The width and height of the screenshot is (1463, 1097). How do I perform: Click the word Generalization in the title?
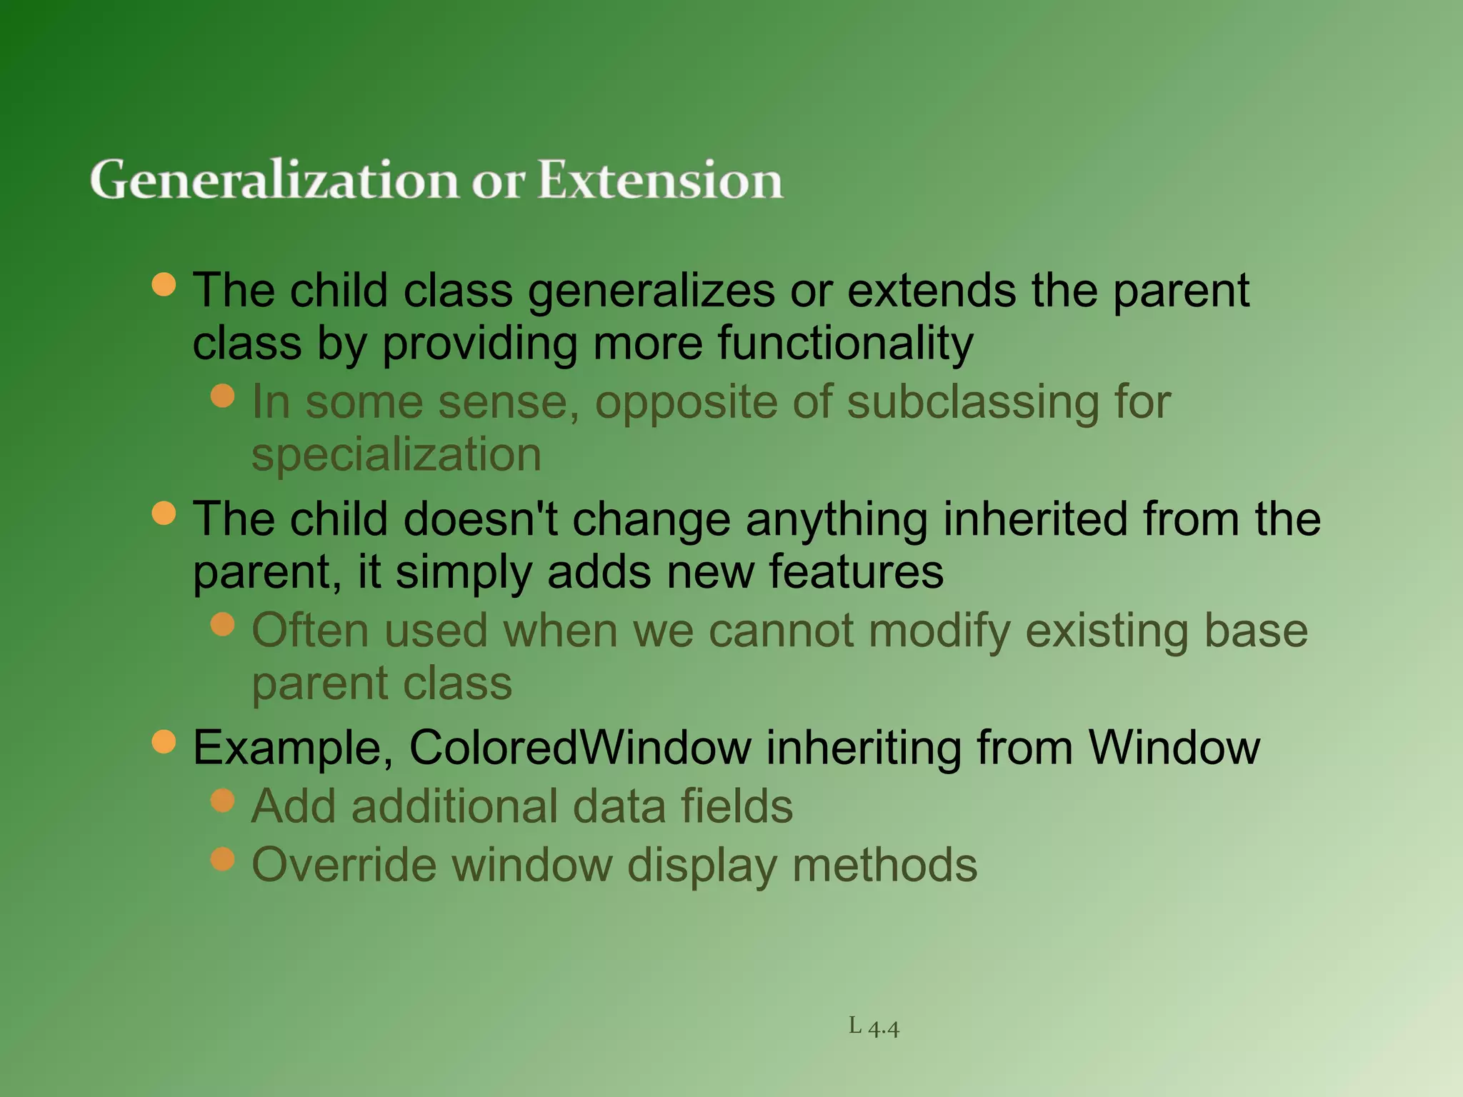click(274, 180)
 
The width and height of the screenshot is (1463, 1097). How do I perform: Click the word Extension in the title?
click(660, 180)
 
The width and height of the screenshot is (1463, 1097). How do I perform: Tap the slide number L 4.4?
click(874, 1027)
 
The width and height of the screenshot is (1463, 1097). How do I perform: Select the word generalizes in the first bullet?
click(651, 291)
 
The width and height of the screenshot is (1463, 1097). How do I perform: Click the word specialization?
click(396, 455)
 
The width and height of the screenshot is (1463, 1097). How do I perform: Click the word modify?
click(939, 632)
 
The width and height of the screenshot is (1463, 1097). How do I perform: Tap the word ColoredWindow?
click(579, 748)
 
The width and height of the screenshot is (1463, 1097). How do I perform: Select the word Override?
click(344, 865)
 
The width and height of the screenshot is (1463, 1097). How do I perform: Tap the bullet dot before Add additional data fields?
click(223, 800)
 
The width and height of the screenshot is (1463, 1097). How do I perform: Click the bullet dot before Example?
click(164, 741)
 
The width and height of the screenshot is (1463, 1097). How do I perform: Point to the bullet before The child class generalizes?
click(164, 284)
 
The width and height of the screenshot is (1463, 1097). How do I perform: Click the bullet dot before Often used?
click(223, 624)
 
